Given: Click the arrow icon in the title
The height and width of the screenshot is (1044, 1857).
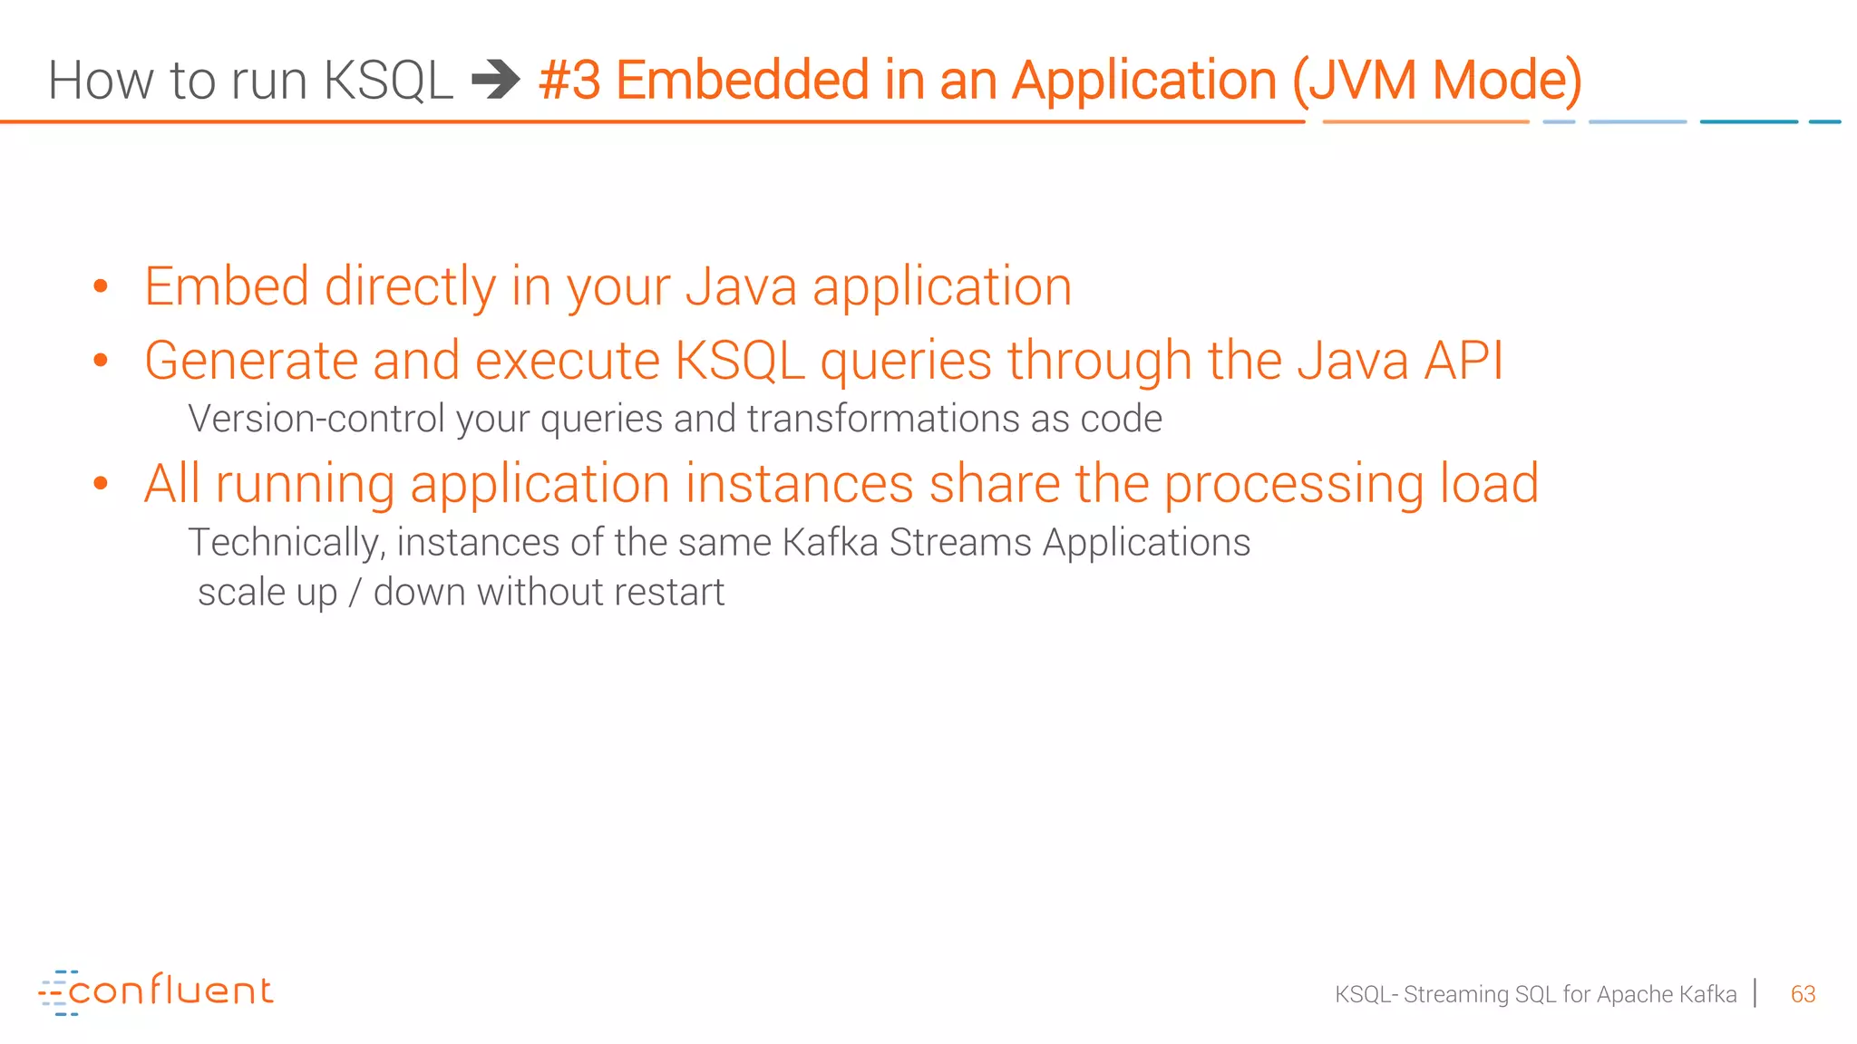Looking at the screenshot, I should (496, 80).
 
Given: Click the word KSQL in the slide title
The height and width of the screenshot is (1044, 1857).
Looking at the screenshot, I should (388, 80).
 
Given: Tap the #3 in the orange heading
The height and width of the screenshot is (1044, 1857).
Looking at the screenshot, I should (569, 80).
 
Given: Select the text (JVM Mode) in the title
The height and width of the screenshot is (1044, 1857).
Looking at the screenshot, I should (1437, 80).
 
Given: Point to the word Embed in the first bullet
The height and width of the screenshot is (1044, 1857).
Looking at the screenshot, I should (227, 286).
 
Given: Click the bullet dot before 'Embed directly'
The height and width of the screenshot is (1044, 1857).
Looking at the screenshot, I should (101, 287).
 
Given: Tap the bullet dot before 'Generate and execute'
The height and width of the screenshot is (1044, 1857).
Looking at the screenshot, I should (101, 362).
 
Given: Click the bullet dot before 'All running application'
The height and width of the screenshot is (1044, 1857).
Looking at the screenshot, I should (101, 484).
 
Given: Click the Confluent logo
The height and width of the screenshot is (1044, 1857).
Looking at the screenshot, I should (156, 991).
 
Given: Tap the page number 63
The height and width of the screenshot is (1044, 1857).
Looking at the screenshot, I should (1803, 994).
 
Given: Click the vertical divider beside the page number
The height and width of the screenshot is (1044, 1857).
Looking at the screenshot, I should (1756, 993).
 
